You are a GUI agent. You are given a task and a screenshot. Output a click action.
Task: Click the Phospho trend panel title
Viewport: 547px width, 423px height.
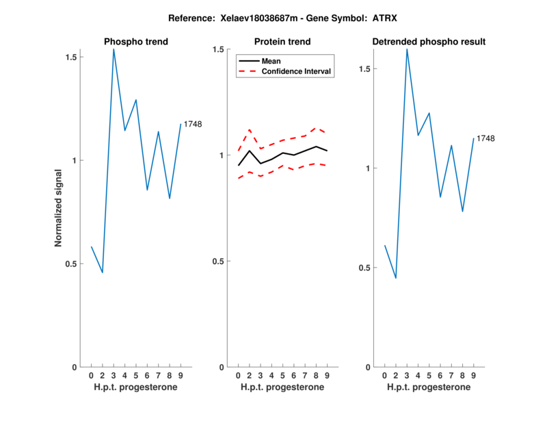pyautogui.click(x=136, y=42)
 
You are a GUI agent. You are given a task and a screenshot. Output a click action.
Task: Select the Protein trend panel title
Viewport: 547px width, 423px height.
pyautogui.click(x=282, y=42)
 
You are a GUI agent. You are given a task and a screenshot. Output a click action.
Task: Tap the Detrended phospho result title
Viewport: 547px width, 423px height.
pyautogui.click(x=429, y=42)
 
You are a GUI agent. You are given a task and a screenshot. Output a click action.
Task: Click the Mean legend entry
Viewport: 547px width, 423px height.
pyautogui.click(x=271, y=61)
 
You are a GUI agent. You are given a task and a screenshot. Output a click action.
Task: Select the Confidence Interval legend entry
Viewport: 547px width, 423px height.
pyautogui.click(x=297, y=71)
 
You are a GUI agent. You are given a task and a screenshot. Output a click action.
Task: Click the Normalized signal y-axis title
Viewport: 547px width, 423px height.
pyautogui.click(x=59, y=211)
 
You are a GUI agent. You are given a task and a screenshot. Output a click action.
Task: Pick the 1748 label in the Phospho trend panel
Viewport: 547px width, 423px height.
pyautogui.click(x=193, y=124)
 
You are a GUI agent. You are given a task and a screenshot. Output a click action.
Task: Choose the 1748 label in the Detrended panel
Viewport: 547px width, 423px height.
pyautogui.click(x=485, y=138)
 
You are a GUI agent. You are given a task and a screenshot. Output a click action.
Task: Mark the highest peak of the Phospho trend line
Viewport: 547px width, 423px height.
pyautogui.click(x=114, y=49)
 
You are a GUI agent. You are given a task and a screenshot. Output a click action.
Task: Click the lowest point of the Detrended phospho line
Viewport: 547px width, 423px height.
pyautogui.click(x=396, y=278)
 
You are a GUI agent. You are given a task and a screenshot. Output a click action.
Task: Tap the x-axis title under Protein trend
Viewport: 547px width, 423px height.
pyautogui.click(x=282, y=387)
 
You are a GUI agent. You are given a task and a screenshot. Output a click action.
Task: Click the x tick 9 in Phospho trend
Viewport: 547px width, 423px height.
pyautogui.click(x=181, y=375)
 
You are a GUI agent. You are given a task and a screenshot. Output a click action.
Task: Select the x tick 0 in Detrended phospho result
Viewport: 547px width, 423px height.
pyautogui.click(x=384, y=375)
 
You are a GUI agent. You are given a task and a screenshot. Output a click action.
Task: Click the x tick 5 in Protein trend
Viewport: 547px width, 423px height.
pyautogui.click(x=282, y=375)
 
